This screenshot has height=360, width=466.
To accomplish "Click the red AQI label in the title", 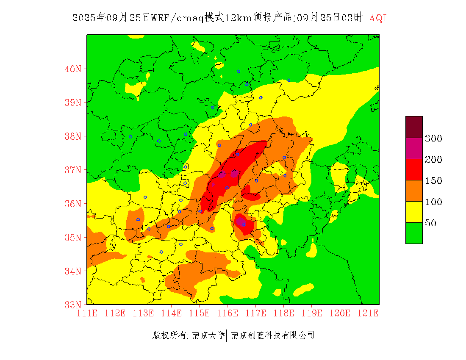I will pos(378,18).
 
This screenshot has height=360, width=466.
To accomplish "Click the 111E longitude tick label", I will pos(87,313).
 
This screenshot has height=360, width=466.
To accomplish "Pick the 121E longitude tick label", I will pos(368,313).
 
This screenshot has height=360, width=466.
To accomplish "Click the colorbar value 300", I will pos(433,138).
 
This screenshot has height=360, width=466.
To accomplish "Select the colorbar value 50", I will pos(430,223).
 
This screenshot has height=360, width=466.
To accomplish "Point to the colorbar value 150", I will pos(433,180).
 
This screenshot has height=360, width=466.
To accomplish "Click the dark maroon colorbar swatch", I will pos(414,127).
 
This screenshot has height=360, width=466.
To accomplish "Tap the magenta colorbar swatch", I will pos(414,148).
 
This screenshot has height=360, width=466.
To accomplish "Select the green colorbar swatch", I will pos(414,233).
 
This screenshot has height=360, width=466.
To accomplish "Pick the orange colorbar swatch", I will pos(414,191).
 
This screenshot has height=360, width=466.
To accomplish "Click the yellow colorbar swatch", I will pos(414,212).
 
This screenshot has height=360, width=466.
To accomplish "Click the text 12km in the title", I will pos(238,18).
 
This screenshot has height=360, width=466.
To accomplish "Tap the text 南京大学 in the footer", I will pos(208,335).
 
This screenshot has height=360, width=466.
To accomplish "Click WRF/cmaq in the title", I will pos(177,18).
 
